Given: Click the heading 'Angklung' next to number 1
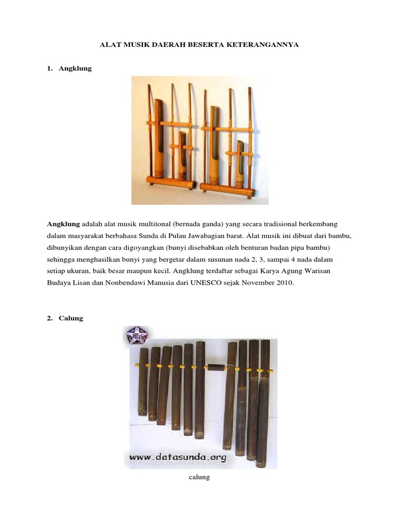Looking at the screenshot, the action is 75,69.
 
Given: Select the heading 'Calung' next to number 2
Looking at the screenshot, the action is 71,318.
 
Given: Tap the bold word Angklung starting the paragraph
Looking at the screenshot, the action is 63,224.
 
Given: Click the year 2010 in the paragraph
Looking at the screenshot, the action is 285,283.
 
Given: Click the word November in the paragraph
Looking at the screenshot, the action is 258,283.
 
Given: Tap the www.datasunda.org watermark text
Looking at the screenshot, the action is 178,457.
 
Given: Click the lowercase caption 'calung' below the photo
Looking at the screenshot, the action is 199,477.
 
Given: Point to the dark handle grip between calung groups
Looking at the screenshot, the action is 216,367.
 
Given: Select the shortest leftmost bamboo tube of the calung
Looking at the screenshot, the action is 143,382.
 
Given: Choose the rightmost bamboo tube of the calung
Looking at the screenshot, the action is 264,404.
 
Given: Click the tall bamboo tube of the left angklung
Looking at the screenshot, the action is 158,138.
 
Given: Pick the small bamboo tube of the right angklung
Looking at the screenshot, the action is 240,164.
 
